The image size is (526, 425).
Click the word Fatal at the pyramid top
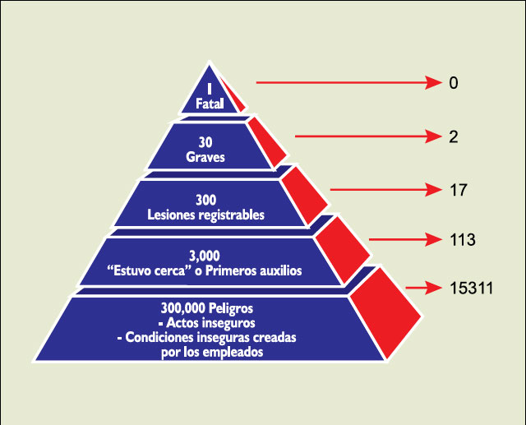(210, 104)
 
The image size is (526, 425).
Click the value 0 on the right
(454, 83)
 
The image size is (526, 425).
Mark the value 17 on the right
(459, 190)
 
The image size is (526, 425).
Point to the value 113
(462, 240)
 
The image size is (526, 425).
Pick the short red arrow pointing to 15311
(424, 288)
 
